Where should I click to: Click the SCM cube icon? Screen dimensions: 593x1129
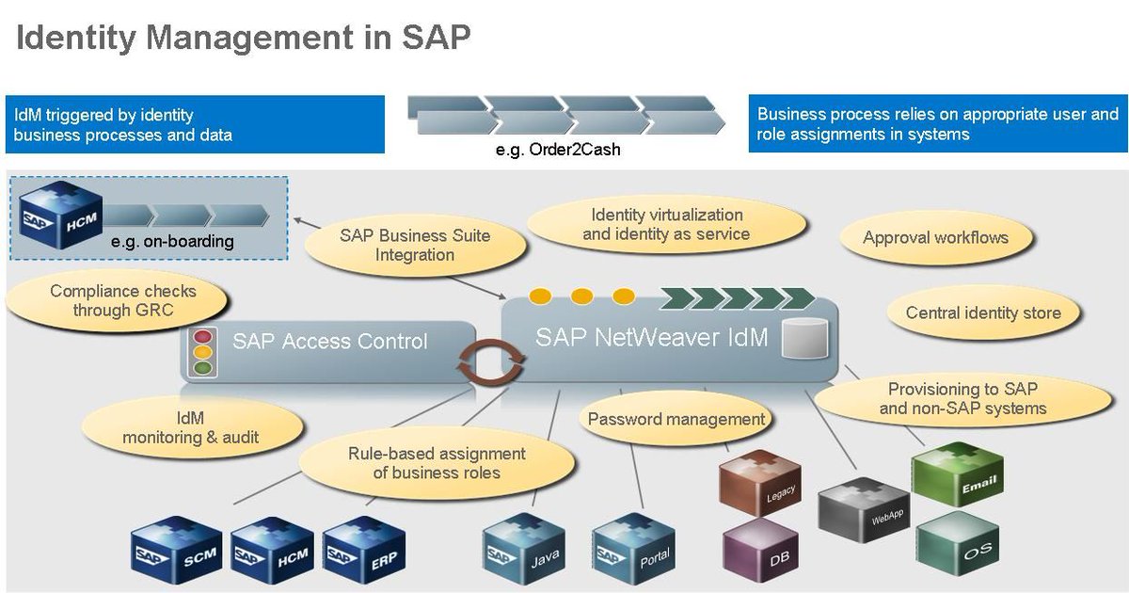pos(175,547)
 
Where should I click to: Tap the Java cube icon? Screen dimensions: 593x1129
pos(523,547)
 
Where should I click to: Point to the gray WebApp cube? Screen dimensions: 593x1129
pos(857,509)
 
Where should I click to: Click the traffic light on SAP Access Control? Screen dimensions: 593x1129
pos(202,352)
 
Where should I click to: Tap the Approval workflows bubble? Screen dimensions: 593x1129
pos(935,238)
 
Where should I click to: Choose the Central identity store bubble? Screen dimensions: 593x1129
pos(983,313)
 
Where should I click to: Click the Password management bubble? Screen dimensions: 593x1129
pos(676,419)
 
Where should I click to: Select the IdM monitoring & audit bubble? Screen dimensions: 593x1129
pos(191,426)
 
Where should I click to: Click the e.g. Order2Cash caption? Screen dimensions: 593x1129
pos(557,149)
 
